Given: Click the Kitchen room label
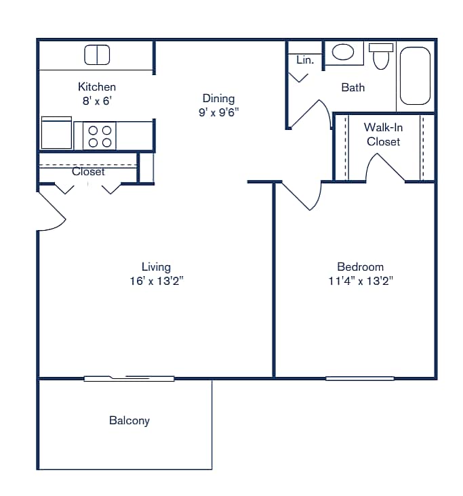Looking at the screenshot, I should pos(97,87).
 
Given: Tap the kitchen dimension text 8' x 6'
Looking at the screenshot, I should pos(97,101).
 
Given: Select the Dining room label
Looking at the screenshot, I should pos(218,98).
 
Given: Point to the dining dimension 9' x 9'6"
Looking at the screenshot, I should pos(218,112).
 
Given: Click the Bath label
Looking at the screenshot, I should pos(353,87).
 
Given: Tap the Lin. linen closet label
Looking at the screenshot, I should pos(305,60).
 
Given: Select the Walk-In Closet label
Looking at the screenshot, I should pos(383,134).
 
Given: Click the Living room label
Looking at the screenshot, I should pos(156,267).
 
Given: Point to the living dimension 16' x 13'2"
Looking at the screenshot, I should pos(156,281).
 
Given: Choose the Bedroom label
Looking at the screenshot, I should pos(360,267).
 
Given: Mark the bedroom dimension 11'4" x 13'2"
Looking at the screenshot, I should pos(360,281).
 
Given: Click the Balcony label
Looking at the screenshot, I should pos(129,420).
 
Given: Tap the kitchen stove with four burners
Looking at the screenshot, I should pos(100,135).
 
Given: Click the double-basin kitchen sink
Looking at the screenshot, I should pos(97,55).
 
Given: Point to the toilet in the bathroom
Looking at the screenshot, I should pos(381,57).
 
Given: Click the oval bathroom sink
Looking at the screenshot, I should pos(343,53).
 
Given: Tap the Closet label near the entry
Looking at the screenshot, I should pos(88,172).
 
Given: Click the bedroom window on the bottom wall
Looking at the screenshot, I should pos(360,378).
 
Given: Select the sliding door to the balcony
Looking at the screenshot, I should pos(129,378).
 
